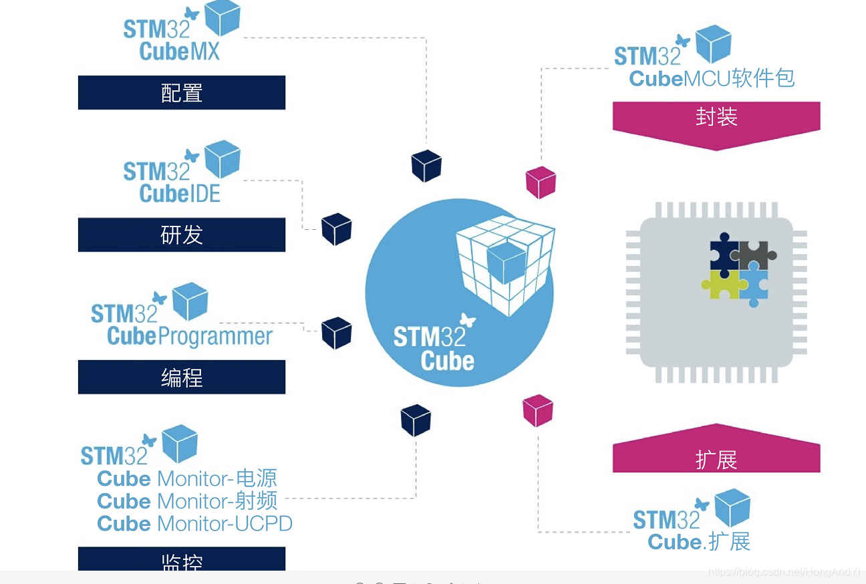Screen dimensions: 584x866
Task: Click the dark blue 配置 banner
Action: pyautogui.click(x=182, y=92)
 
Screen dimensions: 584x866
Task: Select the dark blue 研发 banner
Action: pyautogui.click(x=182, y=235)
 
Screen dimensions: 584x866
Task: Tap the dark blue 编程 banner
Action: pyautogui.click(x=182, y=378)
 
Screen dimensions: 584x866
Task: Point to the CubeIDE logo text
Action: pyautogui.click(x=180, y=193)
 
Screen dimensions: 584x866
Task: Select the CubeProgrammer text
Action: pyautogui.click(x=190, y=335)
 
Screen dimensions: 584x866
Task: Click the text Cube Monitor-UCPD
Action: pyautogui.click(x=194, y=523)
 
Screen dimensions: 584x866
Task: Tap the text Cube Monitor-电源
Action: pyautogui.click(x=186, y=478)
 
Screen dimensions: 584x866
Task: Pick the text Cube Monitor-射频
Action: pyautogui.click(x=186, y=501)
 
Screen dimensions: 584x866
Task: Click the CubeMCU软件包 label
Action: pyautogui.click(x=712, y=78)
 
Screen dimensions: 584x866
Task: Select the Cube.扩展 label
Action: pyautogui.click(x=699, y=541)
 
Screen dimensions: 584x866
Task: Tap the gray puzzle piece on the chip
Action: pyautogui.click(x=755, y=254)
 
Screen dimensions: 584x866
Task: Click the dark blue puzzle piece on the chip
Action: pyautogui.click(x=723, y=254)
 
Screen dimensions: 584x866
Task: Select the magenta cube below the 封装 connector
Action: pyautogui.click(x=541, y=182)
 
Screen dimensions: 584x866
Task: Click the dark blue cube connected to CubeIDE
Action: pyautogui.click(x=336, y=229)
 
